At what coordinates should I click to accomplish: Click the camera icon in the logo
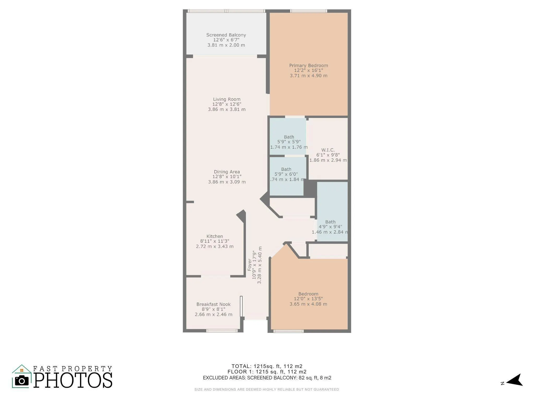22,381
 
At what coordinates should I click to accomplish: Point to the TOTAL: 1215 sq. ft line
267,366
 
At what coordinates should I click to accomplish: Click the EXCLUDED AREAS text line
267,378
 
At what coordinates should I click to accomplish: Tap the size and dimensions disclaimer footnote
266,390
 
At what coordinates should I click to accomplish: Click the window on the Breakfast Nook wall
222,331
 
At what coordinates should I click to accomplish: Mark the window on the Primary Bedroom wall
309,11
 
